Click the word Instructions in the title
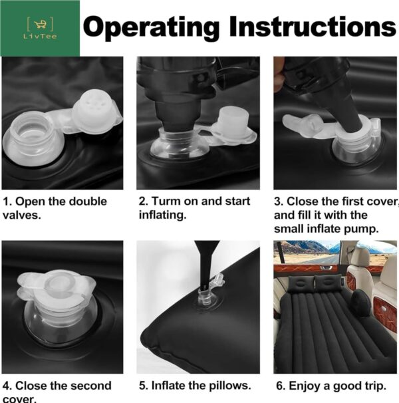coord(313,26)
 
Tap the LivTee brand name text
coord(40,36)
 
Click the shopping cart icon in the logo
coord(40,24)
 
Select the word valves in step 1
coord(22,215)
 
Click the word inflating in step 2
coord(162,215)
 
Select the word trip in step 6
coord(375,386)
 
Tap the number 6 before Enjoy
coord(279,386)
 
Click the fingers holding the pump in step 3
coord(279,74)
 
